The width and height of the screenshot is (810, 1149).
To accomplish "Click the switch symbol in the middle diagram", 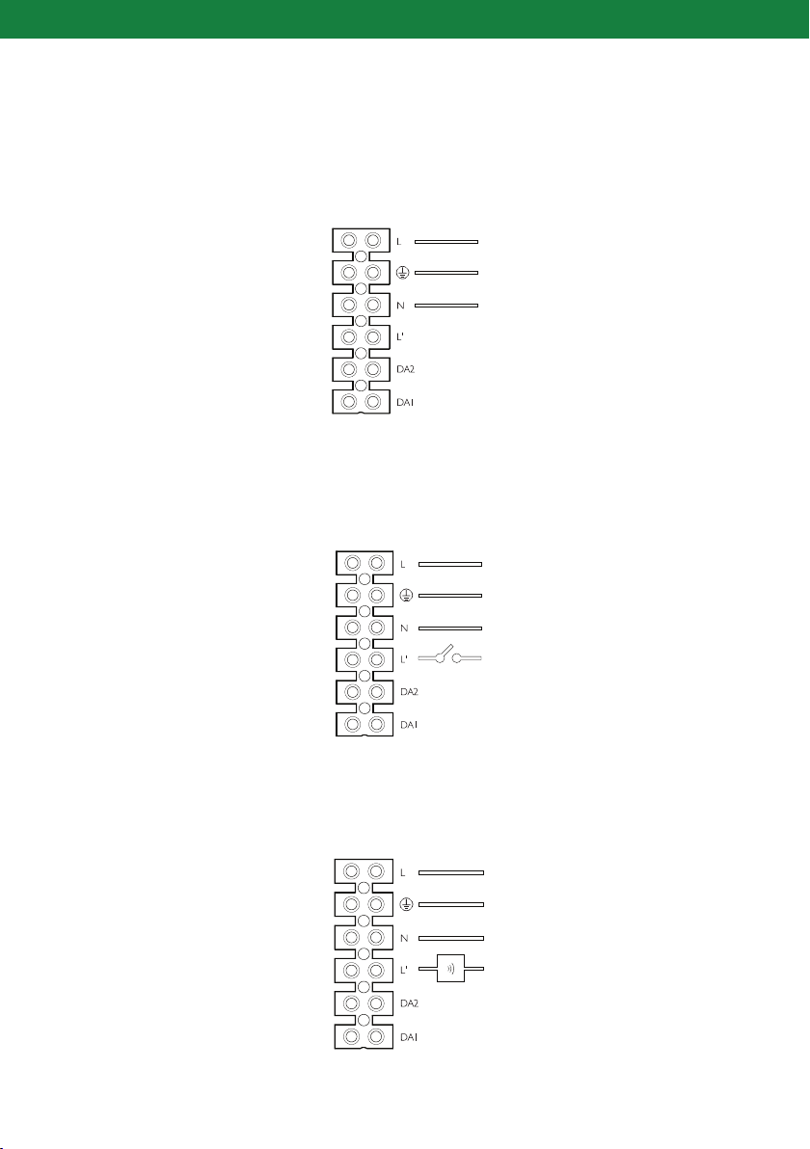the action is point(450,660).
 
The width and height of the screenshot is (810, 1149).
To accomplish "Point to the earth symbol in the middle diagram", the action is point(406,596).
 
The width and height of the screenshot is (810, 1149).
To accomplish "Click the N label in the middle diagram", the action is point(404,628).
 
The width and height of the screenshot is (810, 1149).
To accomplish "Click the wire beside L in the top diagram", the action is point(440,240).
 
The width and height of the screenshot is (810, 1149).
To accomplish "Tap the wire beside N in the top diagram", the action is point(440,306).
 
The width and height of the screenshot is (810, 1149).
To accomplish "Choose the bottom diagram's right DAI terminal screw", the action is point(377,1037).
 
